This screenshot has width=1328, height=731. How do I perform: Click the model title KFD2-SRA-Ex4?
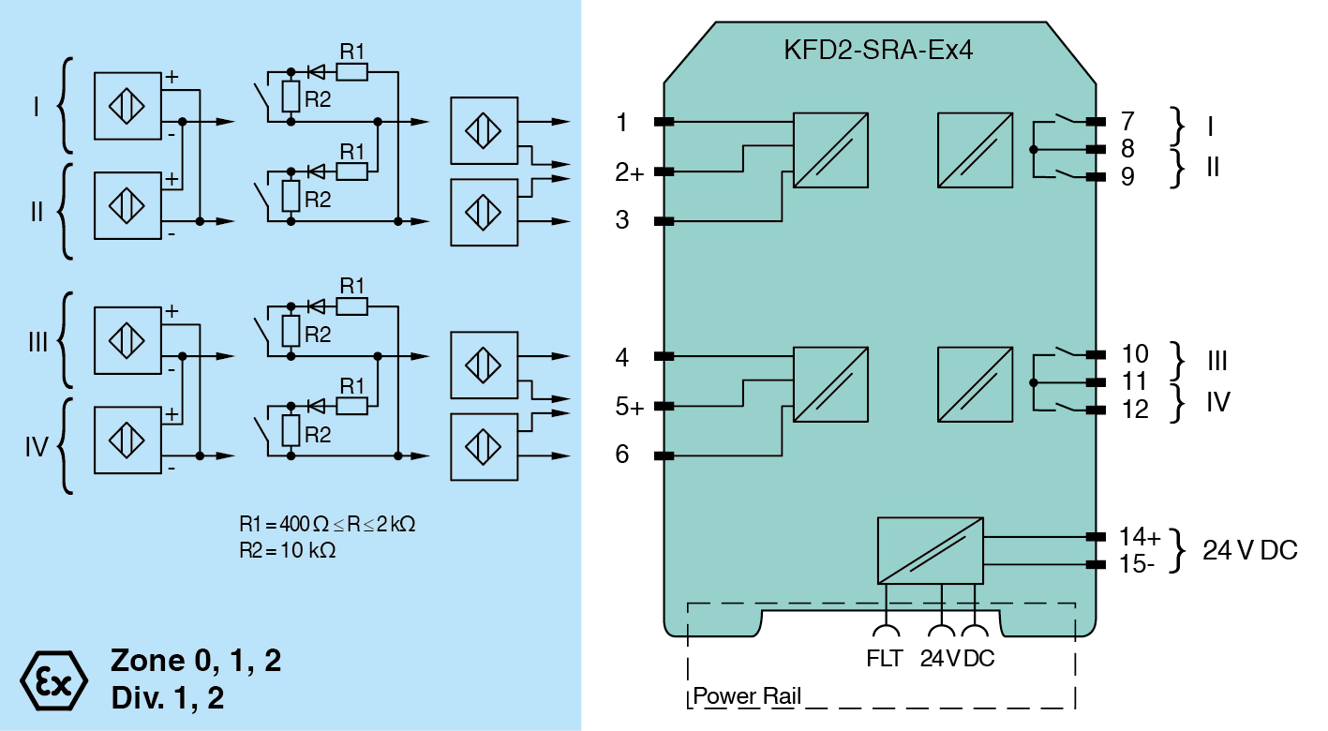point(878,50)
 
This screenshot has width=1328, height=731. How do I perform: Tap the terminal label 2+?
point(629,172)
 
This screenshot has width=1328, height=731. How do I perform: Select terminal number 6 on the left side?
point(622,455)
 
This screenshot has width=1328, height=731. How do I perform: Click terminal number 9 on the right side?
point(1127,176)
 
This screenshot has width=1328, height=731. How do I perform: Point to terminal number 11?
point(1134,382)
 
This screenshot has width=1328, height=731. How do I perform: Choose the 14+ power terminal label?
point(1140,537)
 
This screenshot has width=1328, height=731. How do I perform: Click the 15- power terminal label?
point(1137,564)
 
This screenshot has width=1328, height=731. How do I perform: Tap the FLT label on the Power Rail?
point(885,659)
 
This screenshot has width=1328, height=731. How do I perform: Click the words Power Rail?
point(747,697)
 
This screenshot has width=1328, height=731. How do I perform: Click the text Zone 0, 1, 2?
point(196,662)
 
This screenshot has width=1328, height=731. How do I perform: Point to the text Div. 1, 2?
point(168,698)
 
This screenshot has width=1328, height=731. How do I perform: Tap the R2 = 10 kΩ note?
point(288,551)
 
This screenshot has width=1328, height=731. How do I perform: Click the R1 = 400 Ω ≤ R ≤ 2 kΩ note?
point(327,524)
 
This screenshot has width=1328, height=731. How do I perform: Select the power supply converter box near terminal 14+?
point(931,550)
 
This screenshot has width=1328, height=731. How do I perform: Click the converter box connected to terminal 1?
point(831,150)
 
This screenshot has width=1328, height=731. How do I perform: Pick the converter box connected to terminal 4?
point(831,384)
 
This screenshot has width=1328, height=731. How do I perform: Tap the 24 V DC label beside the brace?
point(1250,551)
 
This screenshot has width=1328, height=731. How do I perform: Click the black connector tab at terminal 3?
point(664,221)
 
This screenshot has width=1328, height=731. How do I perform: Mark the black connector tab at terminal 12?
point(1093,410)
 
